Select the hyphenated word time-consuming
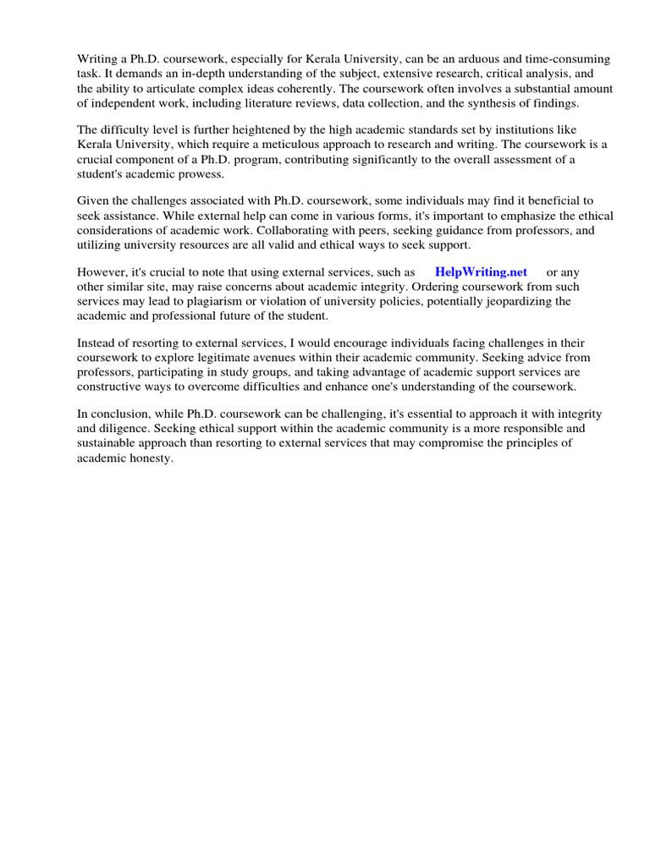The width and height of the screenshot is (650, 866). tap(578, 59)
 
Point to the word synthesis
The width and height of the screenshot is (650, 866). tap(477, 102)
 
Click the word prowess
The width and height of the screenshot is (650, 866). tap(196, 173)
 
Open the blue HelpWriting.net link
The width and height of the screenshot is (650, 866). tap(481, 272)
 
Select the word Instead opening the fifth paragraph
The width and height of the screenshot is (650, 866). tap(97, 343)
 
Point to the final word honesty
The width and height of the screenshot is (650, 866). tap(151, 458)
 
